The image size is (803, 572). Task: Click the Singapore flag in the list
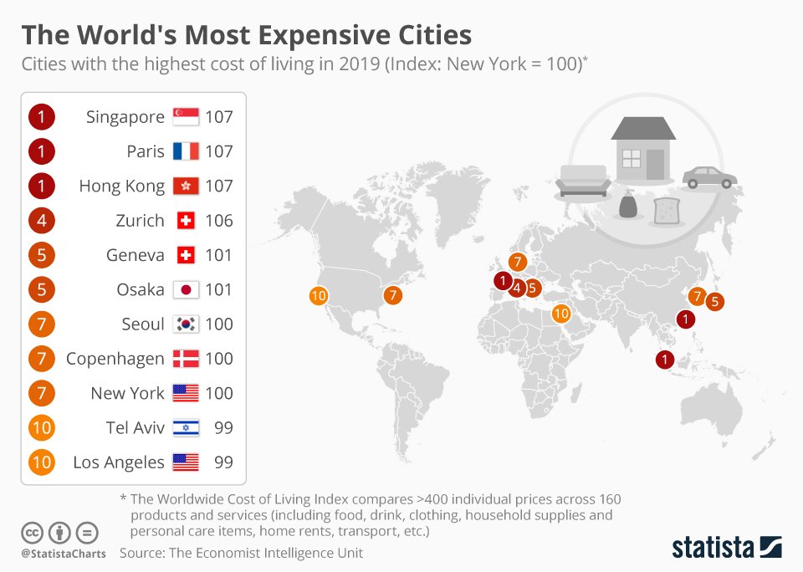click(x=185, y=117)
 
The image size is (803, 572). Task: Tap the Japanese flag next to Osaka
click(x=185, y=290)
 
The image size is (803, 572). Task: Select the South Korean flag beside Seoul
click(x=185, y=324)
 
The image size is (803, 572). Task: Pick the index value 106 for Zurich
click(x=219, y=221)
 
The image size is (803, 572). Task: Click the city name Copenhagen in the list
click(x=115, y=360)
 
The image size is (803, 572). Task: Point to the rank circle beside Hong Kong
click(x=41, y=186)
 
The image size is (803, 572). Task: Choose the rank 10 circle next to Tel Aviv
click(x=41, y=428)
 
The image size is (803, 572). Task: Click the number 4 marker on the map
click(x=517, y=289)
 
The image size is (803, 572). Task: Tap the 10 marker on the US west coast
click(x=318, y=295)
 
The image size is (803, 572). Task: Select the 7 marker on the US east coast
click(x=393, y=295)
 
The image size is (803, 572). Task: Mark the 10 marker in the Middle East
click(x=561, y=314)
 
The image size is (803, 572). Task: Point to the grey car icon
click(x=709, y=177)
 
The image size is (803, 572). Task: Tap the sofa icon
click(x=584, y=181)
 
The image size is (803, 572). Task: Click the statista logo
click(x=726, y=548)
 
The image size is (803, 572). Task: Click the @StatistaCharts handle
click(x=64, y=554)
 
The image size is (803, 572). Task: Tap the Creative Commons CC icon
click(x=32, y=532)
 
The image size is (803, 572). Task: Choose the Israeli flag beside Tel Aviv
click(x=185, y=428)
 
